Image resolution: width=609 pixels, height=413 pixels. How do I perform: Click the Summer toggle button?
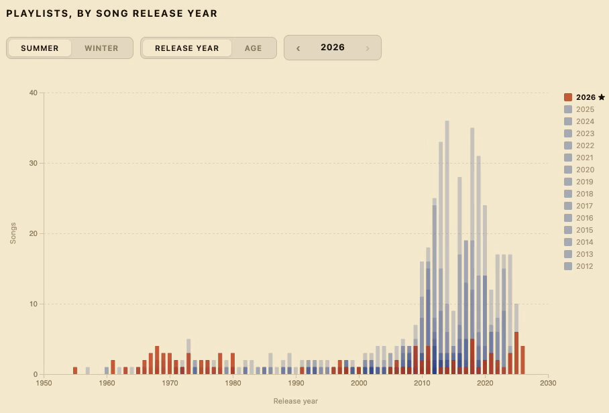pyautogui.click(x=40, y=48)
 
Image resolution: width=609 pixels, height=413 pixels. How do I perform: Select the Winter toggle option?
pyautogui.click(x=101, y=48)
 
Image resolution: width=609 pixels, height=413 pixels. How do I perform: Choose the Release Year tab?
pyautogui.click(x=187, y=48)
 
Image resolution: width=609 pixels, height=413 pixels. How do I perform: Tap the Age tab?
pyautogui.click(x=254, y=48)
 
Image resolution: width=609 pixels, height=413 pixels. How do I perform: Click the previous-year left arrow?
pyautogui.click(x=298, y=48)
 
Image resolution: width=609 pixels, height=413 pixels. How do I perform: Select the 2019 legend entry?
pyautogui.click(x=579, y=182)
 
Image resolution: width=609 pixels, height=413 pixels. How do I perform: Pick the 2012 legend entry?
pyautogui.click(x=579, y=266)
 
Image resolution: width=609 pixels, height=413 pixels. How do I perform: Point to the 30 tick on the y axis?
pyautogui.click(x=34, y=163)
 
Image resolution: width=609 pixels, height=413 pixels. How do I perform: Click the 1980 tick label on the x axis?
pyautogui.click(x=233, y=383)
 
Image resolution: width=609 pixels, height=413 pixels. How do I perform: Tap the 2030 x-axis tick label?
pyautogui.click(x=548, y=383)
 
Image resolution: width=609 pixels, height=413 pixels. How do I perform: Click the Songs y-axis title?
pyautogui.click(x=13, y=233)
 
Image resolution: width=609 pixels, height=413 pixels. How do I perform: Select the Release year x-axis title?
pyautogui.click(x=296, y=401)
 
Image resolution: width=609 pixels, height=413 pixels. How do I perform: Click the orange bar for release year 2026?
pyautogui.click(x=522, y=360)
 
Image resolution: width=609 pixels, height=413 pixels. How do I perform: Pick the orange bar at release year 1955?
pyautogui.click(x=75, y=371)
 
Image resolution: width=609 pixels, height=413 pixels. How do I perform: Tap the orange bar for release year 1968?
pyautogui.click(x=157, y=360)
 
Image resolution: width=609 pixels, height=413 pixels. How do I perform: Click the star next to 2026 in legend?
pyautogui.click(x=602, y=97)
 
